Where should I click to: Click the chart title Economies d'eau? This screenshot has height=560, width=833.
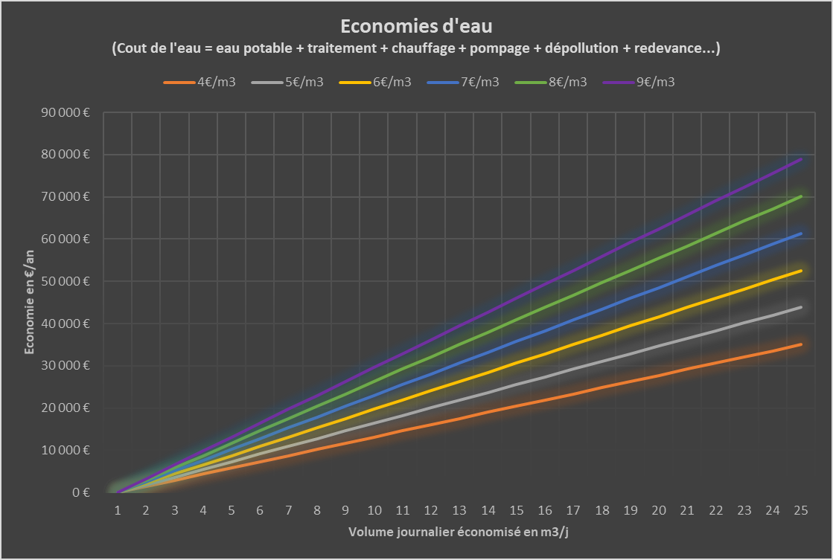(x=416, y=26)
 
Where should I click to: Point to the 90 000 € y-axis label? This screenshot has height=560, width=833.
(x=66, y=113)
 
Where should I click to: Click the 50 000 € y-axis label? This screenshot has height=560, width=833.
(x=66, y=281)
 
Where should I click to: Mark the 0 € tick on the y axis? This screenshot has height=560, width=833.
(x=81, y=492)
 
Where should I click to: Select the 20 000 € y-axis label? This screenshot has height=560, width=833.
(x=66, y=408)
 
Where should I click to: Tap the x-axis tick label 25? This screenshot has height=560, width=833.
(x=801, y=510)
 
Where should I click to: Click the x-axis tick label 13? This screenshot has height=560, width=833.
(x=459, y=510)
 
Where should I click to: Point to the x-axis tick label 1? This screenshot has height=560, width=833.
(x=118, y=510)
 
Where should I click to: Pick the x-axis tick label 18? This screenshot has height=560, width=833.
(x=601, y=510)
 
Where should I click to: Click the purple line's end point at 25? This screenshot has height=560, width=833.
(x=801, y=159)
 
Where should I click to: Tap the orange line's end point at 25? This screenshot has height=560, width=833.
(x=801, y=344)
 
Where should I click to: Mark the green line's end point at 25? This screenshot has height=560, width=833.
(x=801, y=196)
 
